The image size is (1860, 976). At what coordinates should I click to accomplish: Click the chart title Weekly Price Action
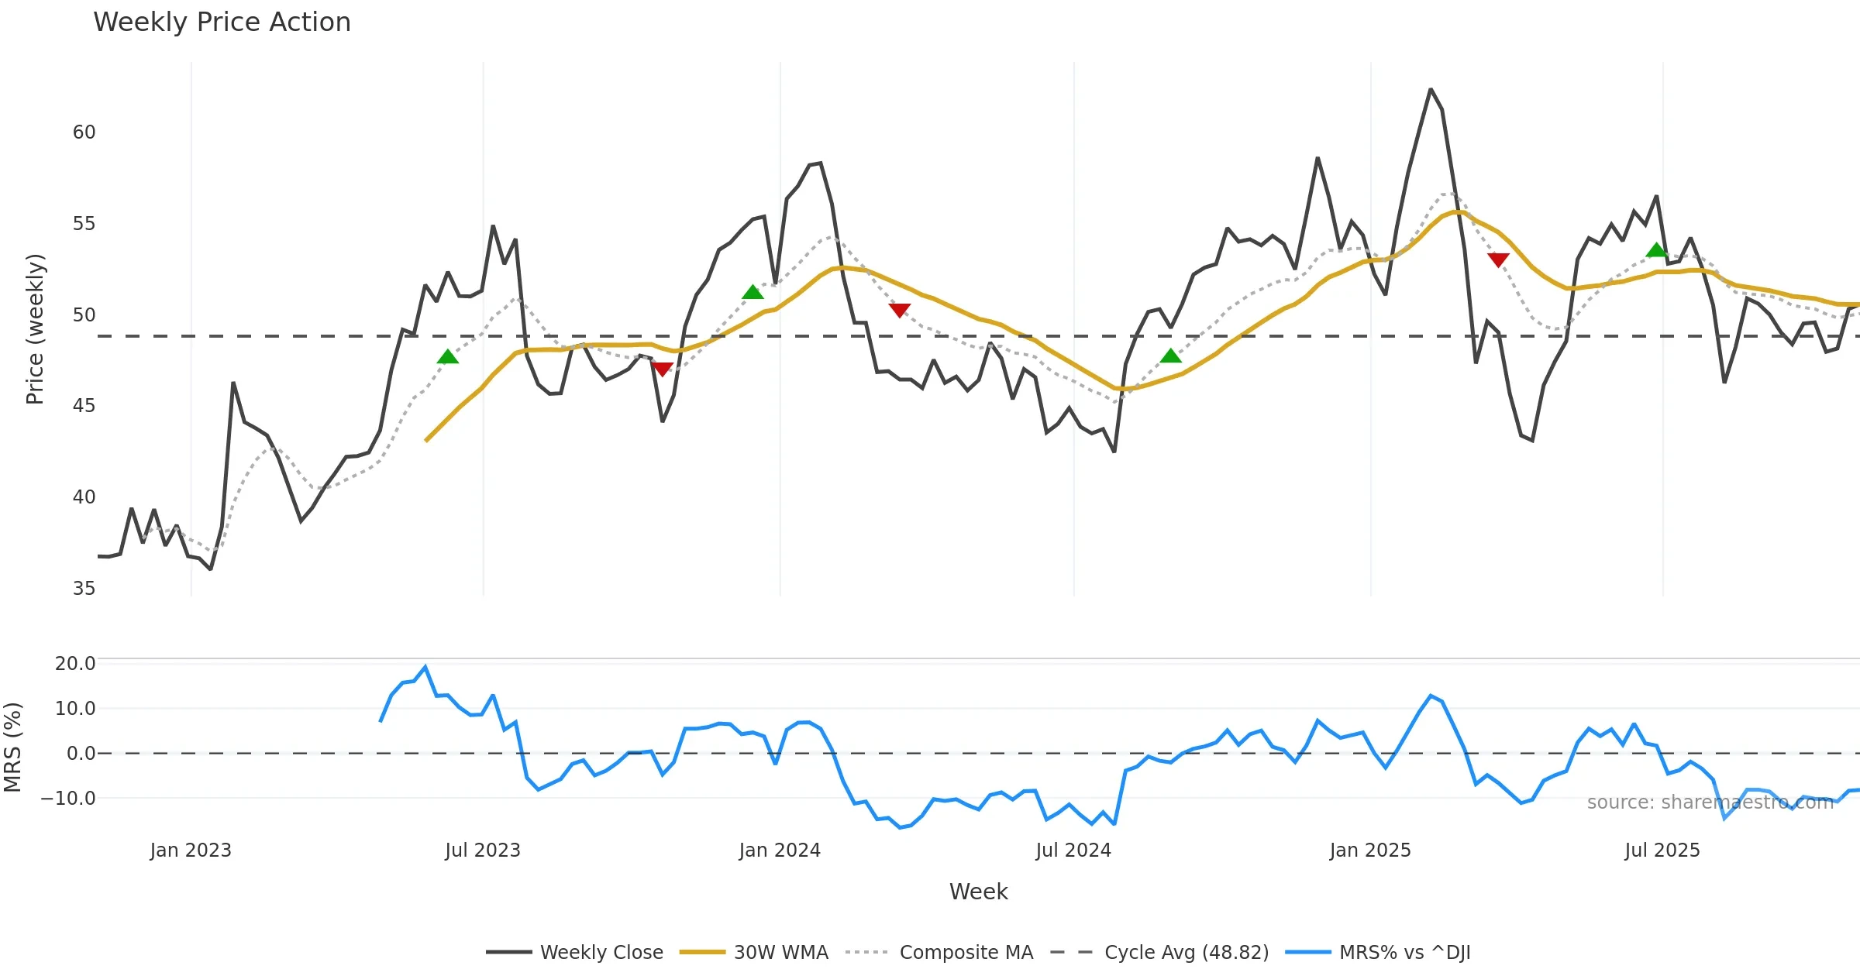[x=222, y=22]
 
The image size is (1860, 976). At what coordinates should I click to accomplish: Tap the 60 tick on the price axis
[x=84, y=132]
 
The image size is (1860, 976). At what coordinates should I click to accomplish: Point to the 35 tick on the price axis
[x=84, y=589]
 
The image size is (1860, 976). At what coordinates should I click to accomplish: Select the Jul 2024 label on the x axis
[x=1073, y=851]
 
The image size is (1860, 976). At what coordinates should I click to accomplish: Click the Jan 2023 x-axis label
[x=191, y=851]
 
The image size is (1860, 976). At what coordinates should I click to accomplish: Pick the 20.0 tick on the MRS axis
[x=75, y=664]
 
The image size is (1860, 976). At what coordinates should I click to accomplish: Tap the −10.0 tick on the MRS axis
[x=69, y=799]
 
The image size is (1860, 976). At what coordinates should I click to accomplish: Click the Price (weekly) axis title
[x=35, y=329]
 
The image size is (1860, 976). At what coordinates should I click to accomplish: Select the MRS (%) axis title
[x=13, y=747]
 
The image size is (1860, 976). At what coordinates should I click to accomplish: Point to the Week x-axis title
[x=978, y=892]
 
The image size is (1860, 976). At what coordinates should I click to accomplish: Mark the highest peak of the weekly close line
[x=1431, y=90]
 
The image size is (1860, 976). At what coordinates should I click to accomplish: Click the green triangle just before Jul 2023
[x=448, y=357]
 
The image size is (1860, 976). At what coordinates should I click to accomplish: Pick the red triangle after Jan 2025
[x=1498, y=259]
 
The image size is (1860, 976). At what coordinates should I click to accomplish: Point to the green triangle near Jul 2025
[x=1656, y=250]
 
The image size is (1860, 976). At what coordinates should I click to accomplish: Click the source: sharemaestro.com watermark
[x=1710, y=802]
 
